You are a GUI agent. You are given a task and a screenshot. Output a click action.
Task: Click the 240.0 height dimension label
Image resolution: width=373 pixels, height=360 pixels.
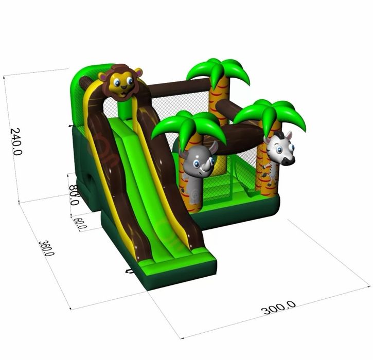(16, 141)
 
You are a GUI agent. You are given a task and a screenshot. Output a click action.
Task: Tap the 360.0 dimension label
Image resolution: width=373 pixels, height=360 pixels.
(46, 248)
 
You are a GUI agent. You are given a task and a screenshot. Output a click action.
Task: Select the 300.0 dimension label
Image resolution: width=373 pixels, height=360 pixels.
(278, 308)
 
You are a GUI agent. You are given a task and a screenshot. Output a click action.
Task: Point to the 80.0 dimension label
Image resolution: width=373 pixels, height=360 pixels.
(74, 195)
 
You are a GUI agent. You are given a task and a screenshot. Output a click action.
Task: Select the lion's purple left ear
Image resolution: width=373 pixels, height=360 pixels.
(103, 77)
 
